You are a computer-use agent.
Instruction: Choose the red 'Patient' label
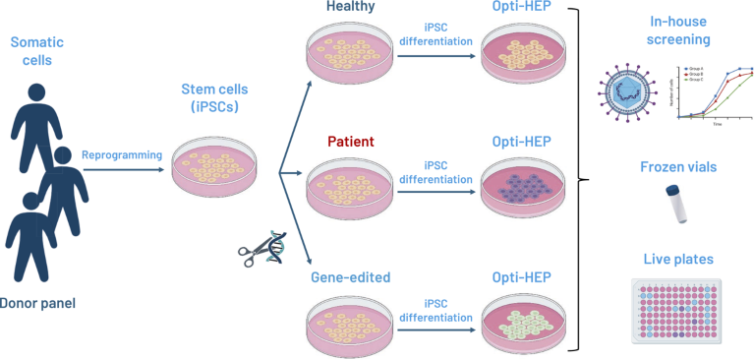(352, 142)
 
